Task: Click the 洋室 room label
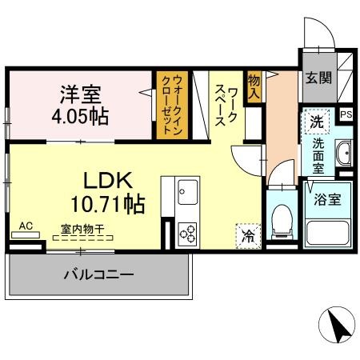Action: pyautogui.click(x=81, y=94)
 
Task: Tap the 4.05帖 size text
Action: pyautogui.click(x=80, y=116)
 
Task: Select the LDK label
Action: pyautogui.click(x=108, y=181)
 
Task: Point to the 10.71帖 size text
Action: pyautogui.click(x=108, y=204)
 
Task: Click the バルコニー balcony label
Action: pyautogui.click(x=98, y=274)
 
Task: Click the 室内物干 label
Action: pyautogui.click(x=82, y=229)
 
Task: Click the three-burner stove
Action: pyautogui.click(x=188, y=234)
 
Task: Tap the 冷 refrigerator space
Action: pyautogui.click(x=248, y=236)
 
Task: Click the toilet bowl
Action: pyautogui.click(x=282, y=222)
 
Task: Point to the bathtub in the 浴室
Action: pyautogui.click(x=328, y=233)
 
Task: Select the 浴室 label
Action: pyautogui.click(x=327, y=199)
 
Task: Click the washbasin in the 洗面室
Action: pyautogui.click(x=344, y=153)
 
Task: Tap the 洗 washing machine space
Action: pyautogui.click(x=317, y=122)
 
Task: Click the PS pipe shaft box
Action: pyautogui.click(x=346, y=115)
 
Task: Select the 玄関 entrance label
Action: pyautogui.click(x=318, y=78)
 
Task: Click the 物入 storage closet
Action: pyautogui.click(x=254, y=87)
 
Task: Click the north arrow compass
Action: pyautogui.click(x=337, y=325)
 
